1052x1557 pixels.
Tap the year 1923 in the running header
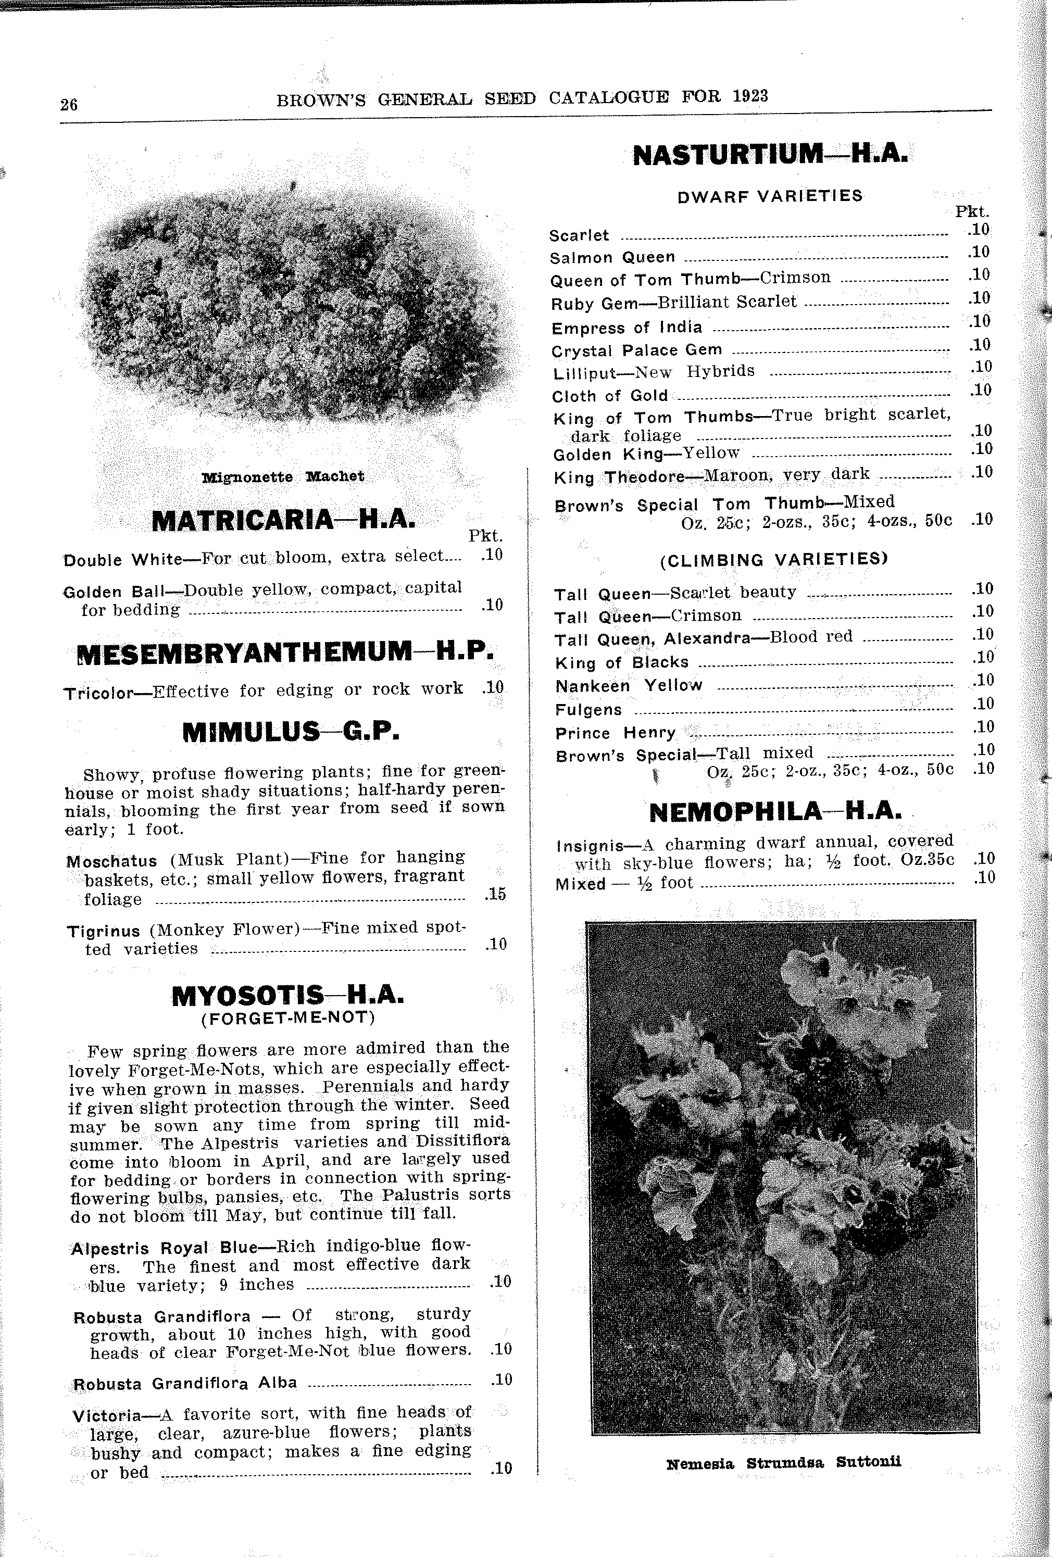[750, 96]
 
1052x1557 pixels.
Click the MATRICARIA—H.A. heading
[283, 520]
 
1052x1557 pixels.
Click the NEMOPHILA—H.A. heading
[775, 812]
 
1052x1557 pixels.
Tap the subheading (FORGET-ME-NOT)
[288, 1018]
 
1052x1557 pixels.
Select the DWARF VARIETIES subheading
[770, 196]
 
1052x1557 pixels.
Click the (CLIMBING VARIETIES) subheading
[774, 559]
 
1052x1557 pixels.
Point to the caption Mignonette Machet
[283, 476]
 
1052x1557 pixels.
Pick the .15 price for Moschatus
[495, 894]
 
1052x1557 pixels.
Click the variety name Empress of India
[627, 328]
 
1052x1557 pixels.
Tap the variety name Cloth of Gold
[610, 396]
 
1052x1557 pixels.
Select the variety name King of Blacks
[622, 662]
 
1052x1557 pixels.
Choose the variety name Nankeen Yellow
[629, 685]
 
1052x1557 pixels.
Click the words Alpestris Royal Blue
[164, 1248]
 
